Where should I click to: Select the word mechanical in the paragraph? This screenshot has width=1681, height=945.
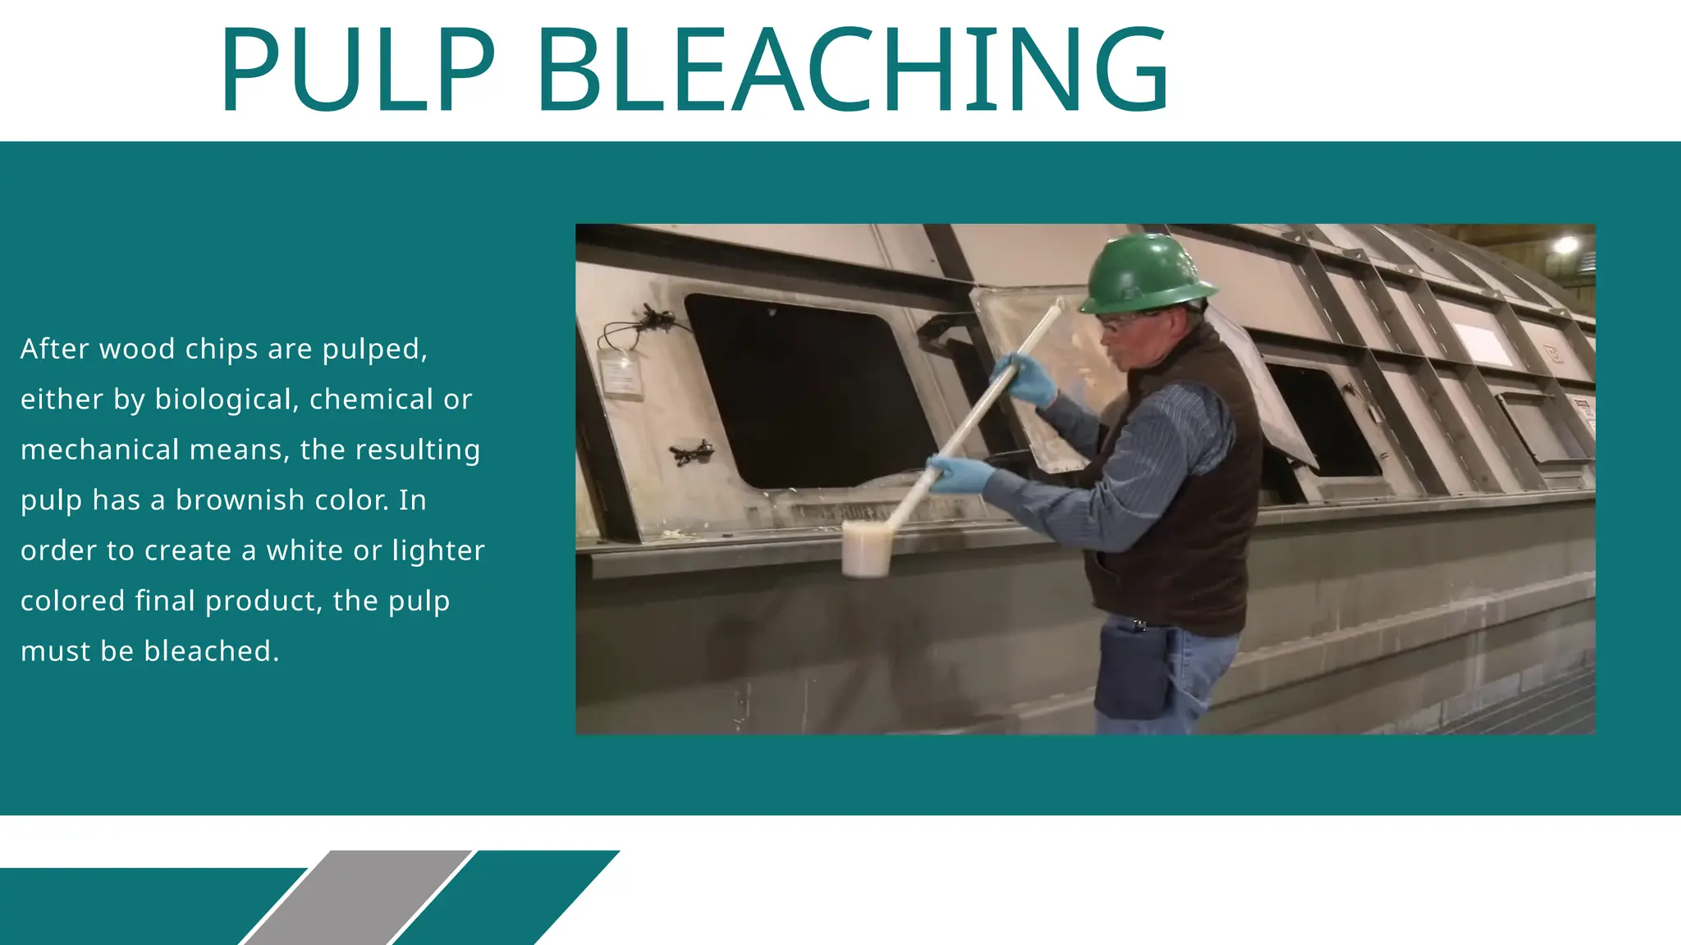click(99, 450)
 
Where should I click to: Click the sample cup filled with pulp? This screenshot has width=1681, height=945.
click(867, 547)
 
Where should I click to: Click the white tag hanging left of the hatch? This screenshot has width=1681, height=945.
click(621, 375)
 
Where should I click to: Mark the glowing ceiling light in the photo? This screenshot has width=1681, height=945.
click(1565, 244)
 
